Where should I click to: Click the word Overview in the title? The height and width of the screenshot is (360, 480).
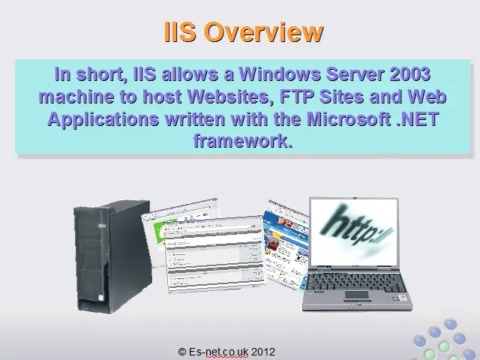click(264, 31)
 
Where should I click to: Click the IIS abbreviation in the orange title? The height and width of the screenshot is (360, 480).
click(180, 31)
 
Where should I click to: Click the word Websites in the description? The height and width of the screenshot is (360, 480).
click(231, 97)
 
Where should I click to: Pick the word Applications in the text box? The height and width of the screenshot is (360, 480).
click(103, 120)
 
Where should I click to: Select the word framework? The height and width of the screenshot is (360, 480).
click(243, 141)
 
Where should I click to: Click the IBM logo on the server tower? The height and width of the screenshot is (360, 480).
click(102, 226)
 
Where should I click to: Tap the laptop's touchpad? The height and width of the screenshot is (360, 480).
click(357, 295)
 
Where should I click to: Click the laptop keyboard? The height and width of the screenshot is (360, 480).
click(356, 282)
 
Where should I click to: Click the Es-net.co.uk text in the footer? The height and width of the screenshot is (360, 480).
click(218, 352)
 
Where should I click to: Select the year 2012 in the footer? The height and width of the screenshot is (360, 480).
click(263, 352)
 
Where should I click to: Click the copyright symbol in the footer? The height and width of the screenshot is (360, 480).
click(182, 352)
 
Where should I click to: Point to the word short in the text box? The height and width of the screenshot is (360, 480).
click(100, 75)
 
